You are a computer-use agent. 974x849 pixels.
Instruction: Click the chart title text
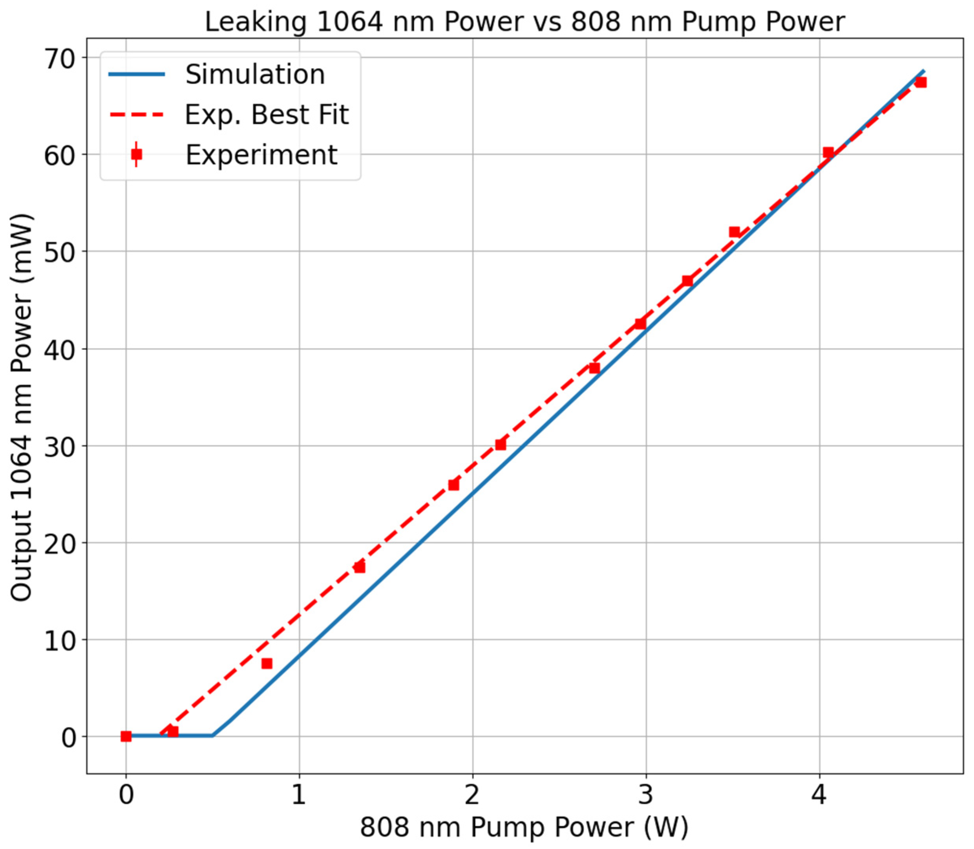[x=524, y=22]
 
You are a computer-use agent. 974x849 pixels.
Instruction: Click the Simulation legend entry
[x=255, y=74]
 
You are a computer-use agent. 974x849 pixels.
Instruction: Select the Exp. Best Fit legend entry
[x=266, y=115]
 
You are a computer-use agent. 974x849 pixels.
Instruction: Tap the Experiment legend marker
[x=137, y=154]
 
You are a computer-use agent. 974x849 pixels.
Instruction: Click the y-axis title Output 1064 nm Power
[x=22, y=408]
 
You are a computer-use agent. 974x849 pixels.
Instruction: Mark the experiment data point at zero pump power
[x=126, y=736]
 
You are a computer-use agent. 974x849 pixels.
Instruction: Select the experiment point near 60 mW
[x=828, y=152]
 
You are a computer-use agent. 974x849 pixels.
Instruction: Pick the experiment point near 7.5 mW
[x=267, y=663]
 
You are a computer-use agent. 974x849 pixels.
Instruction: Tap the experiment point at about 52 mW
[x=734, y=232]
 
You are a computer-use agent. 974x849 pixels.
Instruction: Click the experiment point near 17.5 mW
[x=360, y=567]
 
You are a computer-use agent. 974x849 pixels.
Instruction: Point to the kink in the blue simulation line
[x=213, y=736]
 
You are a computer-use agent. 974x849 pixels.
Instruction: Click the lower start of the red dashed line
[x=161, y=734]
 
